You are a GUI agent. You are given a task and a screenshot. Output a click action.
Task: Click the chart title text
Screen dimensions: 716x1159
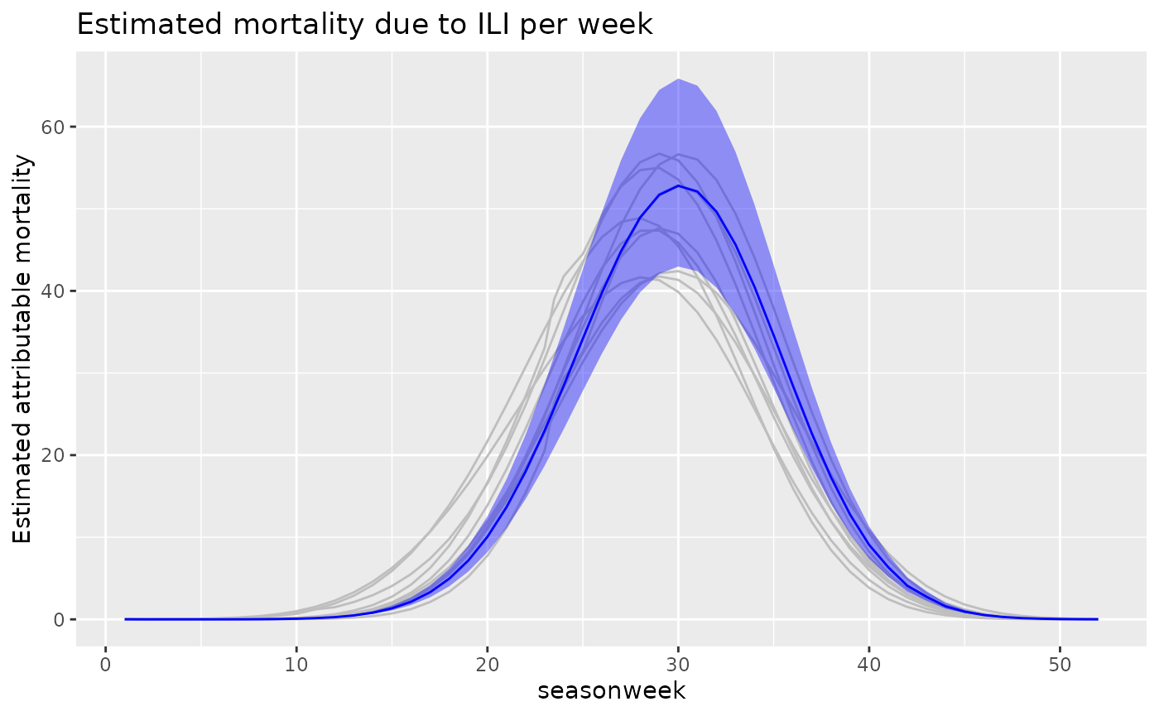tap(364, 25)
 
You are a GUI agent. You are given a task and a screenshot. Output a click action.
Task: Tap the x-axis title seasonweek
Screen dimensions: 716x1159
tap(611, 690)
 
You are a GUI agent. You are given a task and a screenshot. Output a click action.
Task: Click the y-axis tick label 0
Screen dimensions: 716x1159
tap(60, 619)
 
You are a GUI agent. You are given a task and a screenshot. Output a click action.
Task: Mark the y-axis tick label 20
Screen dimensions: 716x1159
tap(55, 455)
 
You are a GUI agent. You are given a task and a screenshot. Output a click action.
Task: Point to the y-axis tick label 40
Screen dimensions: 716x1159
tap(55, 291)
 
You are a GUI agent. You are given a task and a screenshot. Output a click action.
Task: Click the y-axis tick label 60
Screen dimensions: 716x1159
tap(55, 127)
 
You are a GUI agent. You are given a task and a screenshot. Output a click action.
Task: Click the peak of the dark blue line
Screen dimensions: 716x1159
tap(678, 185)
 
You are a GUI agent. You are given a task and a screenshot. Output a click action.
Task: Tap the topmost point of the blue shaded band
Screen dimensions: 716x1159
tap(678, 79)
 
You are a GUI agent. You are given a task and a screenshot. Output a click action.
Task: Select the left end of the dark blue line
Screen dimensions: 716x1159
tap(125, 619)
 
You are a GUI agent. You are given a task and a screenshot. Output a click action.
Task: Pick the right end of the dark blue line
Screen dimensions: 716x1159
tap(1098, 619)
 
